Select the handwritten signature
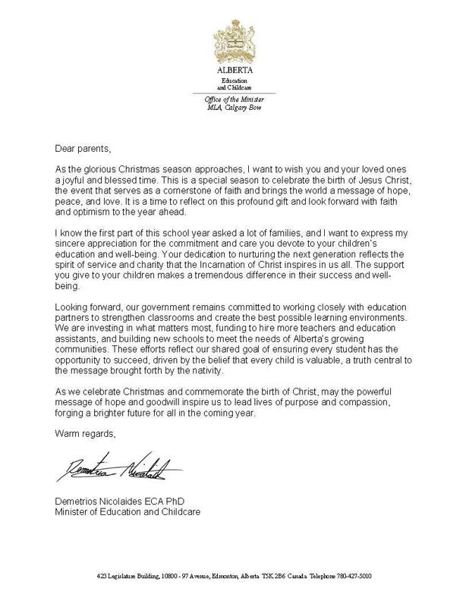pos(115,473)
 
